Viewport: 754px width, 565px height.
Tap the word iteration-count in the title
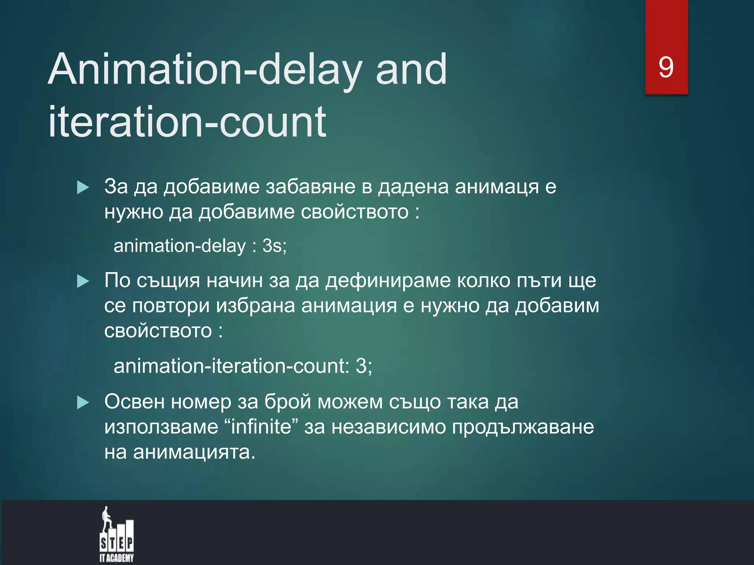187,121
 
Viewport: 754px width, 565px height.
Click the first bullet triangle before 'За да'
83,188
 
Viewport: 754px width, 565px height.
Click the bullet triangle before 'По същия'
83,282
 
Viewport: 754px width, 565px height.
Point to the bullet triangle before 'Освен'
83,403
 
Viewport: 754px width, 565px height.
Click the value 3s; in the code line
274,246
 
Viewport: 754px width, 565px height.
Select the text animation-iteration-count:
232,366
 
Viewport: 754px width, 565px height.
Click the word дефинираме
388,281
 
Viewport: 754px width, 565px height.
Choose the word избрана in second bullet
256,306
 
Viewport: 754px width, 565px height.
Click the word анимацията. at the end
194,452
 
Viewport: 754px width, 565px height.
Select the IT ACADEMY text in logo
116,558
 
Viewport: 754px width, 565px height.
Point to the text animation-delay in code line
179,246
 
